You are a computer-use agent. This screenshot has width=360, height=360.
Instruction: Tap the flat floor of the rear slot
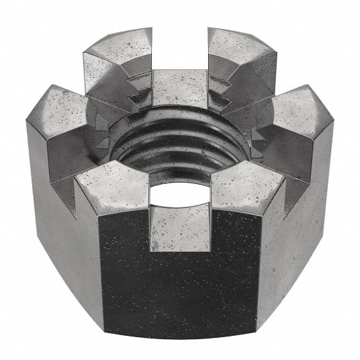pos(178,81)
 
